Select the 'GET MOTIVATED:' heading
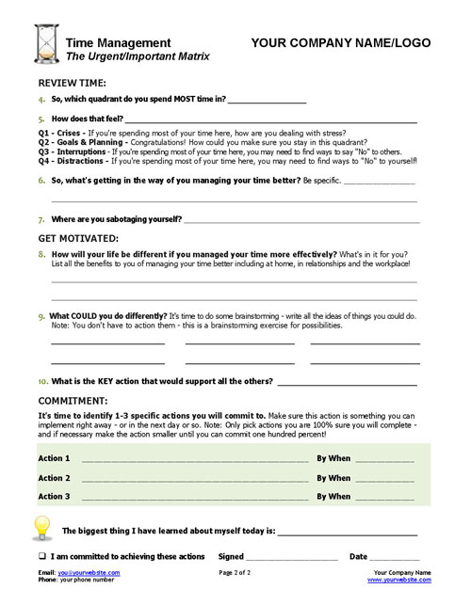tap(78, 238)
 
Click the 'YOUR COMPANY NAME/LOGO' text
tap(341, 43)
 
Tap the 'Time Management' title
tap(119, 43)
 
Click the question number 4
tap(42, 100)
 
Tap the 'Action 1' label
tap(54, 458)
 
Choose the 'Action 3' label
tap(54, 496)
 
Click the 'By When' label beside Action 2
tap(333, 478)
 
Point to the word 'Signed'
tap(232, 556)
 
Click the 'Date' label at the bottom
tap(358, 556)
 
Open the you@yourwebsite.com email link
tap(89, 572)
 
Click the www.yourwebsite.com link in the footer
tap(402, 580)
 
